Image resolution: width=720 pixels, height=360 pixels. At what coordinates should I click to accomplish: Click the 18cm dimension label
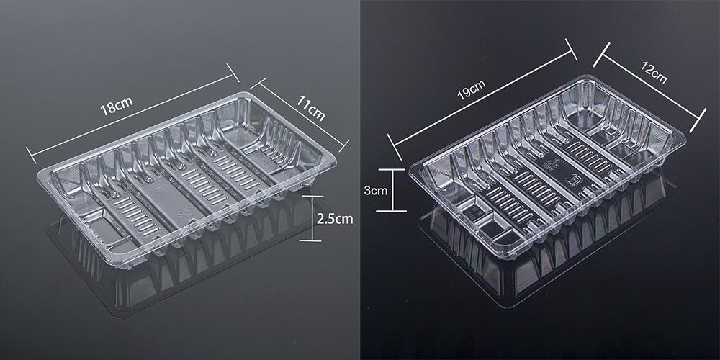117,106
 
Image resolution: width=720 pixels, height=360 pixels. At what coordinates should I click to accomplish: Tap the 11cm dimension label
310,109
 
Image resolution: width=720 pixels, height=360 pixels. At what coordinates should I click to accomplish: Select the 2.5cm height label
336,219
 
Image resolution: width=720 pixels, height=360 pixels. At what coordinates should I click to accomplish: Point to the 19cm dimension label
471,90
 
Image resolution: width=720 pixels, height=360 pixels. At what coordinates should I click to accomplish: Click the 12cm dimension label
654,73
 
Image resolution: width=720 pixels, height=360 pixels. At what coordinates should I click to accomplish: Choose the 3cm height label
376,191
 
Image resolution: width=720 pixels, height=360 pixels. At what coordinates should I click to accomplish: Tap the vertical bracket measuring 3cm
391,190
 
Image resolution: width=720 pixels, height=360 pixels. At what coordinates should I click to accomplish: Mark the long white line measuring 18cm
132,114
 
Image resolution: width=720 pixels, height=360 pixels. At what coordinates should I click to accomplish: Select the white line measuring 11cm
300,114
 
